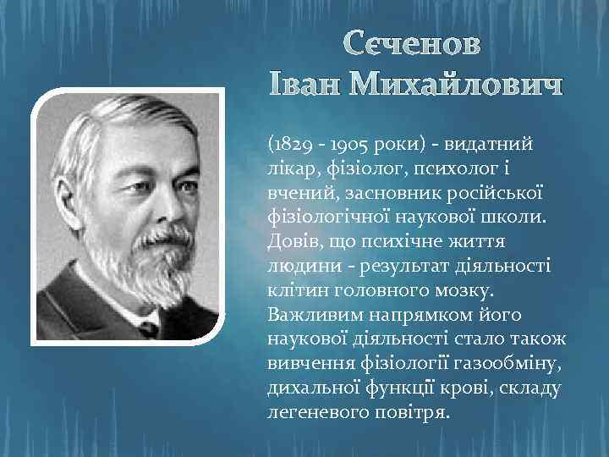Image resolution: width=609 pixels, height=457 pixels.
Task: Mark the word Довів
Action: [294, 242]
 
